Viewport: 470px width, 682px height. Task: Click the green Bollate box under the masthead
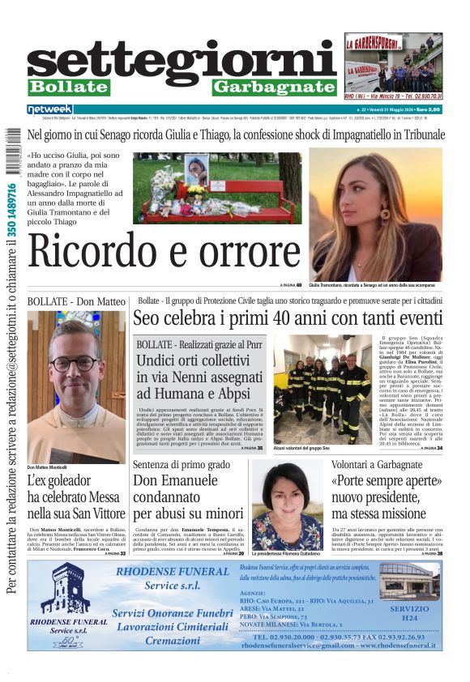point(68,87)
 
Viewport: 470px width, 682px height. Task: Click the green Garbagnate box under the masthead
point(274,87)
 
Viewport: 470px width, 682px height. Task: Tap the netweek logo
point(49,109)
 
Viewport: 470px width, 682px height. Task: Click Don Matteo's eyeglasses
point(75,363)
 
